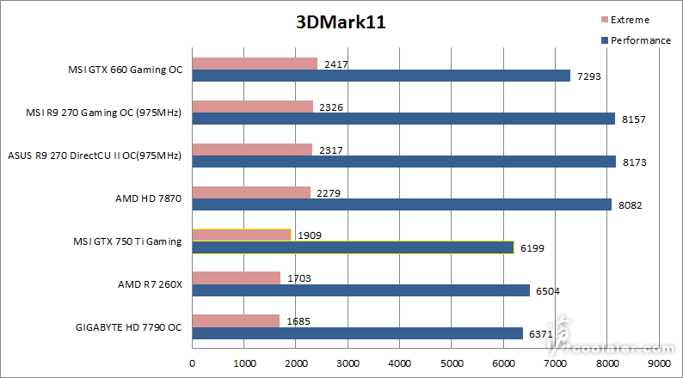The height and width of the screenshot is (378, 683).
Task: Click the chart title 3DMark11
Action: pos(341,23)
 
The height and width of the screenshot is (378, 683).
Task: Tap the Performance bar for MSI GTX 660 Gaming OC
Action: pos(381,76)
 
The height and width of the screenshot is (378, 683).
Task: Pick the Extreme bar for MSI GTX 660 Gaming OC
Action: pos(255,64)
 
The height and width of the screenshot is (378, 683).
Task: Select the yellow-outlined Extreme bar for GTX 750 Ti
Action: pos(242,235)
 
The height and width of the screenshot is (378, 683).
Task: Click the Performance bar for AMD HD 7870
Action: pos(402,204)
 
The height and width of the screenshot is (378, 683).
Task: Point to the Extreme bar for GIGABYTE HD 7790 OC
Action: pos(236,320)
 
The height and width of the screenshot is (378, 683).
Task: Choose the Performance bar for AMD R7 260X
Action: pos(360,290)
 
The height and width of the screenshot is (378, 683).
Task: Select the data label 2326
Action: pos(329,107)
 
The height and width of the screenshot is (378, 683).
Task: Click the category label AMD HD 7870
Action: pos(148,198)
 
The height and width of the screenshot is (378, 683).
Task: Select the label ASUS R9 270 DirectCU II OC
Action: pos(95,155)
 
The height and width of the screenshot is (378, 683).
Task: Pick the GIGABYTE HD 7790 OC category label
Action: pos(128,327)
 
